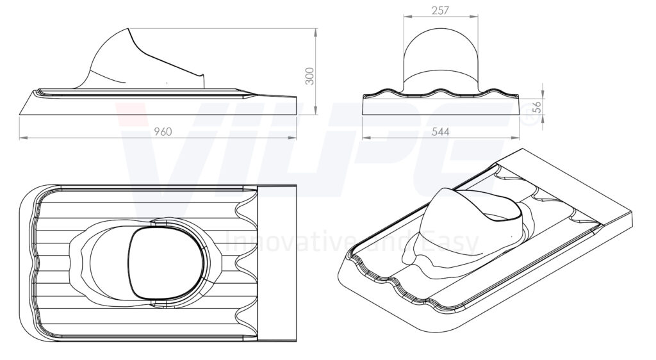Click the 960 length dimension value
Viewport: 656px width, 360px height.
[163, 132]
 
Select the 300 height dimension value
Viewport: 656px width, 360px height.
[309, 76]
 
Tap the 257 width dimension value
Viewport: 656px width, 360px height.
[441, 10]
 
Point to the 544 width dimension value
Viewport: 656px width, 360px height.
[441, 132]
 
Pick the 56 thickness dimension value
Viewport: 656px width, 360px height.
[537, 107]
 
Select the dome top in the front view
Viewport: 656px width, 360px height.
[441, 29]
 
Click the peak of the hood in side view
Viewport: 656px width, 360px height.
[127, 29]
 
